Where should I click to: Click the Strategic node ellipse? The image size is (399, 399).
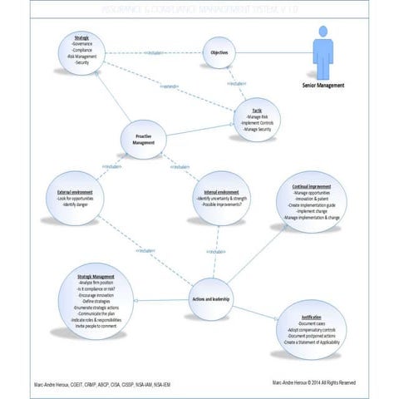point(82,52)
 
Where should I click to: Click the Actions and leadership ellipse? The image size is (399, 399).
point(209,298)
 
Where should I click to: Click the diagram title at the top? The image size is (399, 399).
point(199,7)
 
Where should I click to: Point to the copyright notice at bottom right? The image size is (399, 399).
point(313,383)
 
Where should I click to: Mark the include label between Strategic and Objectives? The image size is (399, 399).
point(153,52)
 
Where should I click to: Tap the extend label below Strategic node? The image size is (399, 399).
point(170,86)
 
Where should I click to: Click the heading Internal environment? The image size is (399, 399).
point(222,192)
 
